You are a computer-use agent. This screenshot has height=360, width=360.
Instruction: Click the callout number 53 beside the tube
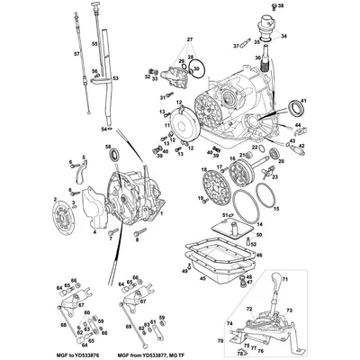115,78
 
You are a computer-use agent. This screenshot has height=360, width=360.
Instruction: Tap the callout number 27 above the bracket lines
190,40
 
